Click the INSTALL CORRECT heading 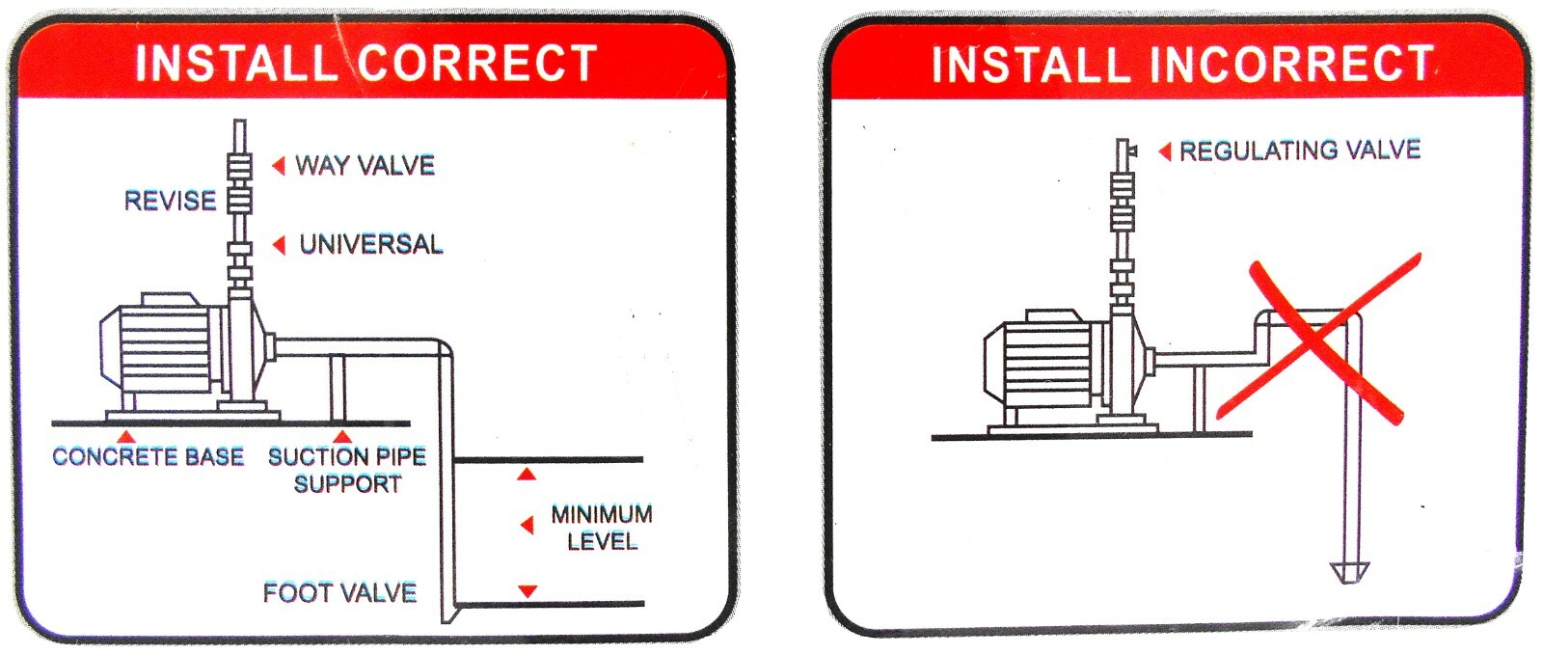click(366, 64)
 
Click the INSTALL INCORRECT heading click(1182, 64)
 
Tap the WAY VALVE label click(365, 165)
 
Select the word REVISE click(170, 201)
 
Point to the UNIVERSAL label click(370, 245)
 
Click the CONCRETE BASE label click(149, 456)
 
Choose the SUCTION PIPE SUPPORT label click(347, 470)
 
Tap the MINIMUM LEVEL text click(602, 528)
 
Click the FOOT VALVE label click(339, 592)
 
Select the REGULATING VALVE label click(1300, 150)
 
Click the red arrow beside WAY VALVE click(279, 165)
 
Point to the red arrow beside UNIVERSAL click(279, 245)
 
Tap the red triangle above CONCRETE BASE click(125, 436)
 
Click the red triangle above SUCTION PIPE click(342, 436)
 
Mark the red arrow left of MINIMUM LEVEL click(527, 526)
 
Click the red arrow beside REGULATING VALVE click(1165, 151)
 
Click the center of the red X click(1317, 340)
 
